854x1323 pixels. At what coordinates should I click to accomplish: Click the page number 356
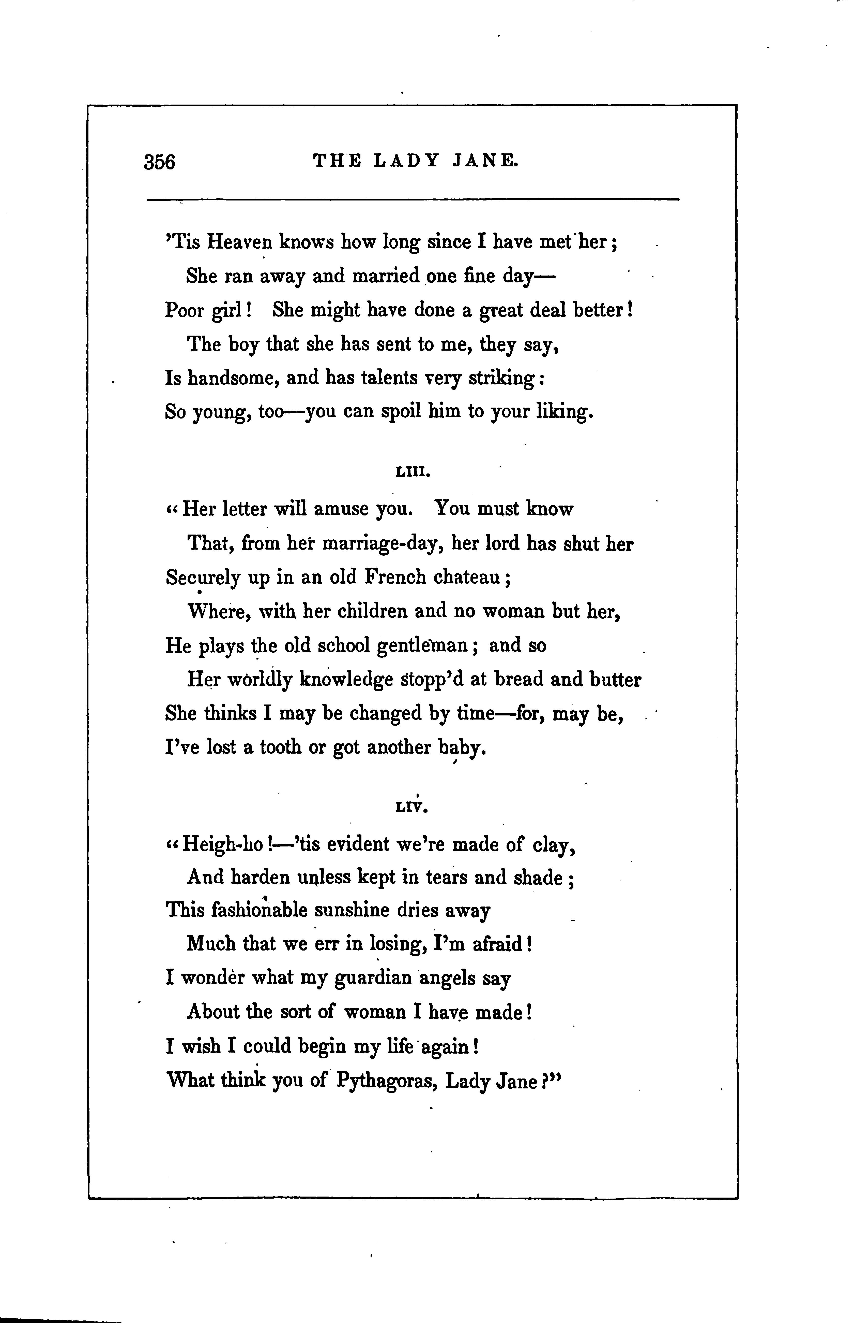coord(159,162)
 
